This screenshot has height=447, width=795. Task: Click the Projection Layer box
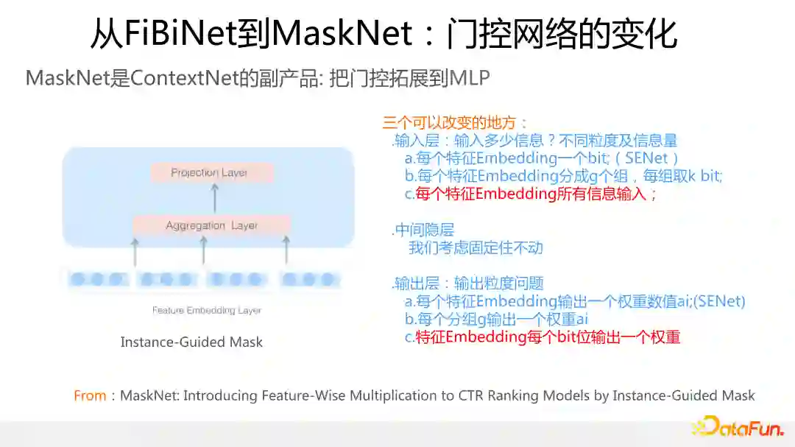click(211, 173)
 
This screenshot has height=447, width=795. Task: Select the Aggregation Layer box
click(211, 225)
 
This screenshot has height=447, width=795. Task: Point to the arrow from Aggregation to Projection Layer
click(214, 198)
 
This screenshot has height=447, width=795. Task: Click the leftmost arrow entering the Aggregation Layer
click(135, 251)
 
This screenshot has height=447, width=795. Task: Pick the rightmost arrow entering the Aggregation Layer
click(286, 251)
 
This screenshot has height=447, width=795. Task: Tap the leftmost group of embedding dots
click(97, 280)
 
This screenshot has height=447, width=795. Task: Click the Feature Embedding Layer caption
click(207, 310)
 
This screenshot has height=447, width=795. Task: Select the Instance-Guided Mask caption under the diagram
click(191, 342)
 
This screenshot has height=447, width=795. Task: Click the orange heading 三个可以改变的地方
click(456, 122)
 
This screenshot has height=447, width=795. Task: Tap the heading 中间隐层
click(425, 230)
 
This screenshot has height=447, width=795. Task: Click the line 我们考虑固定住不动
click(476, 247)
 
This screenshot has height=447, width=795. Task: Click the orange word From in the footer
click(90, 396)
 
